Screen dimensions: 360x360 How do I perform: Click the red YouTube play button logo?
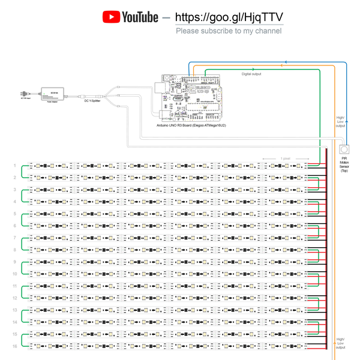[111, 17]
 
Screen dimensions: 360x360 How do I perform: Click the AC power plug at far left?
[25, 94]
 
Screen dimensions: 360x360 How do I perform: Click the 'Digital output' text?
[251, 74]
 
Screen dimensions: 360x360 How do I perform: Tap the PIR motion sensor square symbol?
[344, 148]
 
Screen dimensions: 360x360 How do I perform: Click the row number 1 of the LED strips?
[14, 165]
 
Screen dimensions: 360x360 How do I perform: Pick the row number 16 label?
[14, 346]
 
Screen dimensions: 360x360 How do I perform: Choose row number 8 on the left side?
[14, 250]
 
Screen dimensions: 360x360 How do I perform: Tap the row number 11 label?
[14, 286]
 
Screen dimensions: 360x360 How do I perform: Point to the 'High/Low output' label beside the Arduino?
[340, 122]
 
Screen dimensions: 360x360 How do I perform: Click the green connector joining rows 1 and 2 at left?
[22, 172]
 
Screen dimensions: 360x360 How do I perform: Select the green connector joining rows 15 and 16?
[22, 340]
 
